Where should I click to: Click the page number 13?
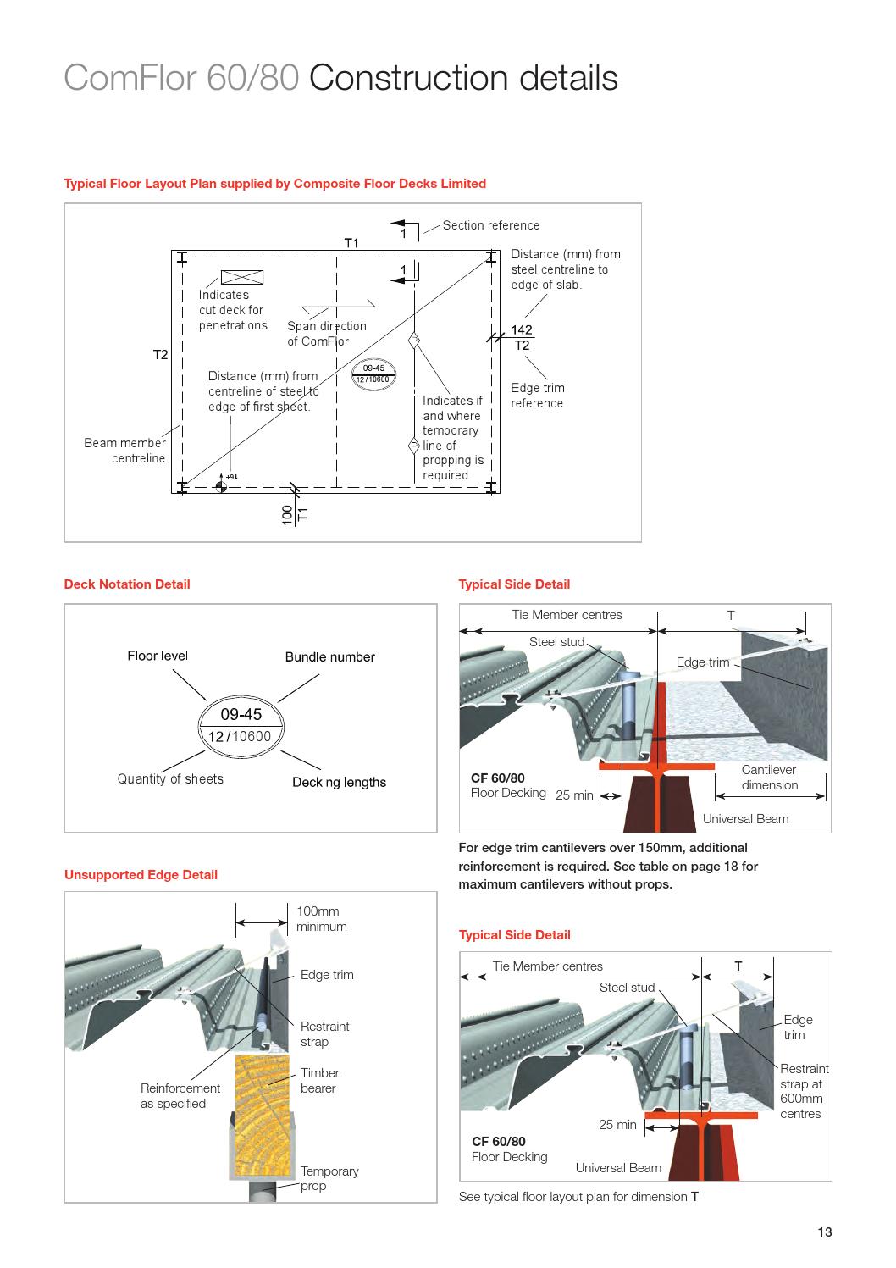point(824,1232)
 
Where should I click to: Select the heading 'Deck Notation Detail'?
point(127,584)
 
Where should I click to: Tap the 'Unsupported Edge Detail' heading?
point(141,875)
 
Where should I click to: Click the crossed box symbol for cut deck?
point(241,277)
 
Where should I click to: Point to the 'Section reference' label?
point(490,225)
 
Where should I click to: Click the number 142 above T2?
point(522,330)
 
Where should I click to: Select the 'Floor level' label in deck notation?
point(158,656)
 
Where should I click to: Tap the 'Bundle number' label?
point(329,657)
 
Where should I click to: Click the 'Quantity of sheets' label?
point(170,779)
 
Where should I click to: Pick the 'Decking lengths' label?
point(339,783)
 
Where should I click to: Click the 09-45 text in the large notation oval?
point(241,715)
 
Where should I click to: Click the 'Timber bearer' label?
point(319,1081)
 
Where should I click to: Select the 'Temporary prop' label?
point(329,1178)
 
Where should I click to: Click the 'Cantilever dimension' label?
point(769,778)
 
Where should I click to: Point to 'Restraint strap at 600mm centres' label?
point(804,1091)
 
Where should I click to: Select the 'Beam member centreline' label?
point(125,451)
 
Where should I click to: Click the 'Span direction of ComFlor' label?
point(326,334)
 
